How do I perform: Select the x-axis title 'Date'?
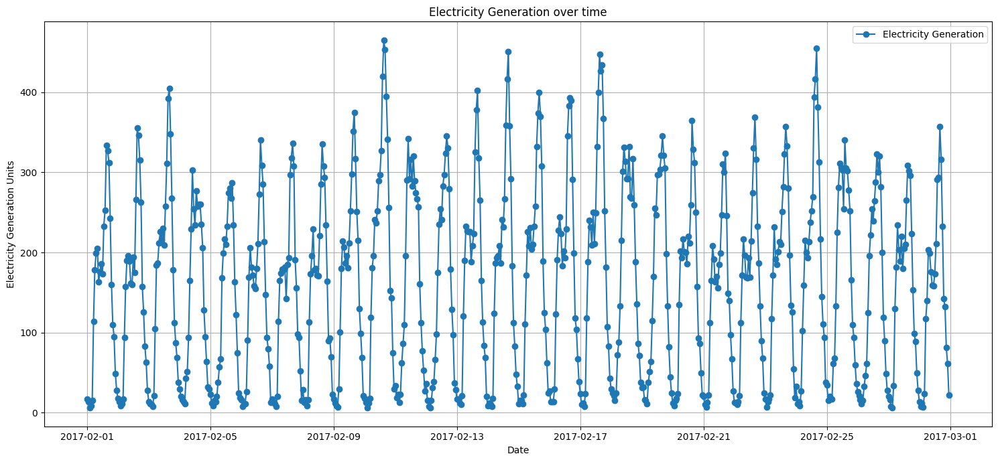click(517, 451)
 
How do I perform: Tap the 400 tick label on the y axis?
click(32, 92)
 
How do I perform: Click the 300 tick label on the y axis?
click(32, 173)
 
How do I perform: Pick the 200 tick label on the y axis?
click(32, 252)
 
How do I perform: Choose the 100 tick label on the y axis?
click(32, 333)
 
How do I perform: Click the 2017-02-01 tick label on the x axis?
click(87, 437)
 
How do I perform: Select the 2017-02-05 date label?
click(210, 437)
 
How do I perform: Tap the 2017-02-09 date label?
click(334, 437)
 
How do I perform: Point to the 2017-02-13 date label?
click(457, 437)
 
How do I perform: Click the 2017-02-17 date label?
click(580, 437)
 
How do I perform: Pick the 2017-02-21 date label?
click(704, 437)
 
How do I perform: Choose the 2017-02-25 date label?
click(827, 437)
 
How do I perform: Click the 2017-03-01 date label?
click(950, 437)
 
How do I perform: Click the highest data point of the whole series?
click(384, 40)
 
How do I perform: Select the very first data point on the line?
click(87, 399)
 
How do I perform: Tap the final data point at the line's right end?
click(949, 395)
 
